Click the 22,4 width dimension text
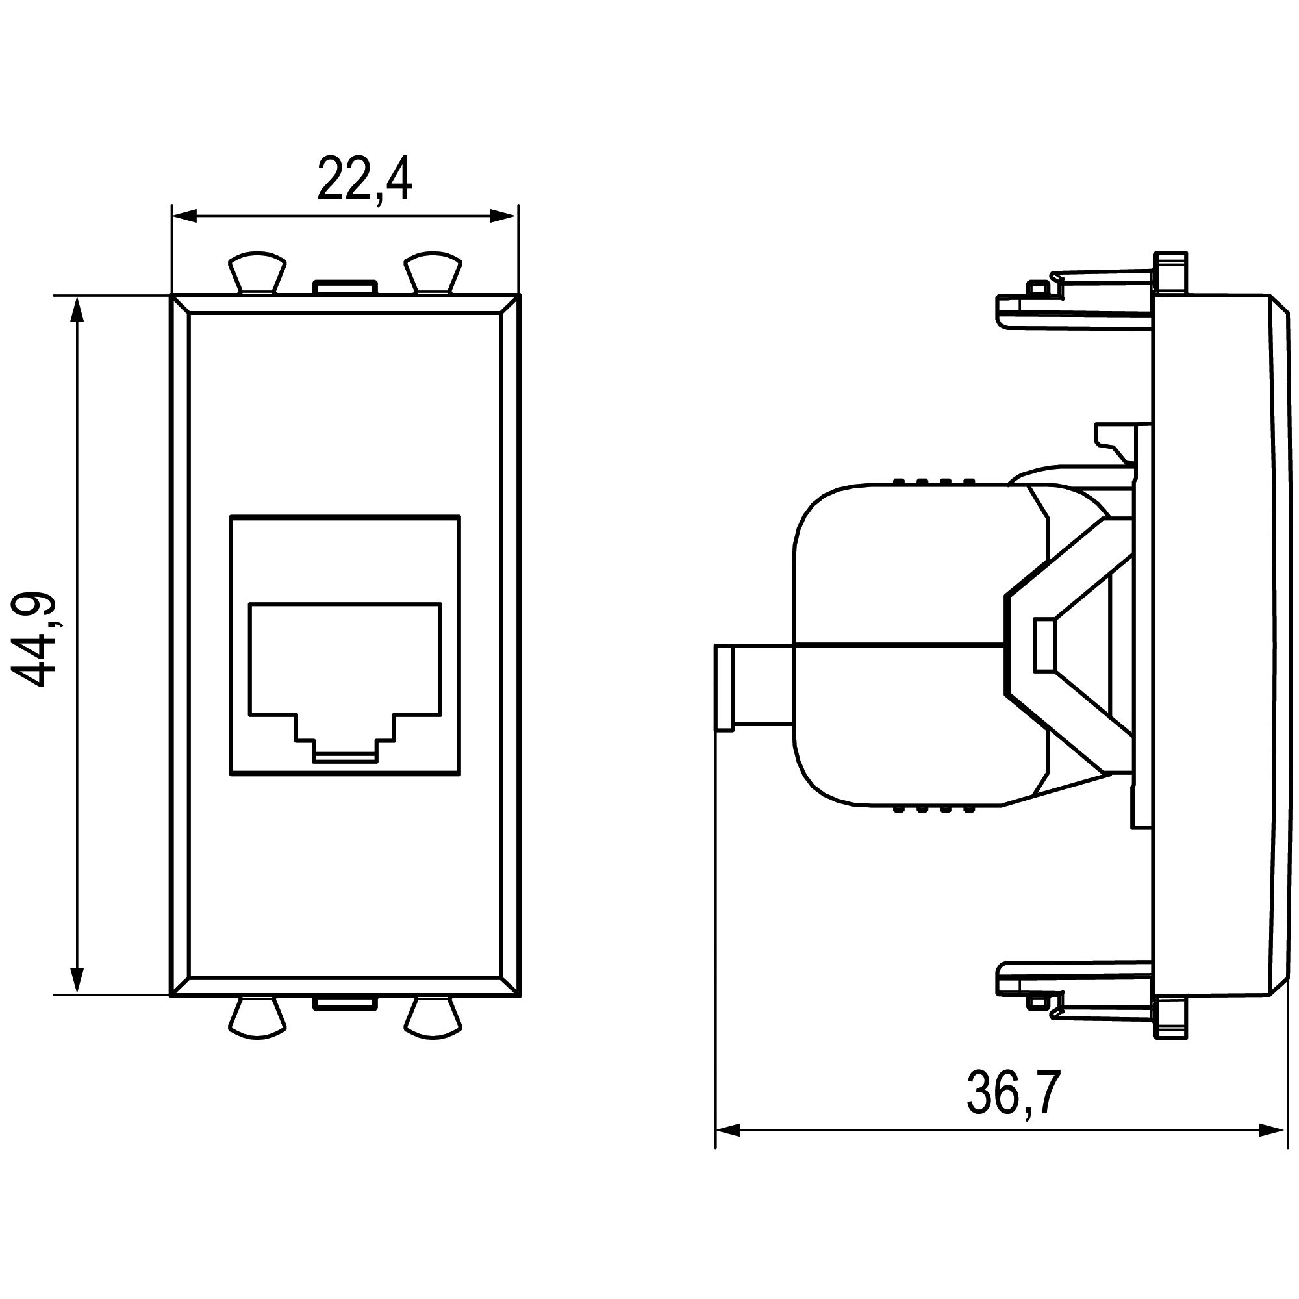click(364, 179)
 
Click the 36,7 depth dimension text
click(1014, 1093)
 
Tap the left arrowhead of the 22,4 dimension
click(184, 216)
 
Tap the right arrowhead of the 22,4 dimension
click(503, 216)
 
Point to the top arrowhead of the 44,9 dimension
click(77, 310)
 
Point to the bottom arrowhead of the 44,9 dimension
click(77, 979)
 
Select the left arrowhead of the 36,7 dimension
click(729, 1130)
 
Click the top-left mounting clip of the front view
click(257, 272)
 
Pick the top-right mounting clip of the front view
click(433, 272)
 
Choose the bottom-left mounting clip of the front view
click(257, 1018)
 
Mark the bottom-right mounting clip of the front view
click(433, 1018)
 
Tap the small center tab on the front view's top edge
click(344, 288)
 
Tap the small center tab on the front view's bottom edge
click(344, 1004)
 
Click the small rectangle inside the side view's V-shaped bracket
click(1044, 646)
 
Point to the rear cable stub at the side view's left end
click(753, 687)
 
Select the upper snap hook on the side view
click(1076, 299)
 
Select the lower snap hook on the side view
click(1076, 992)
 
